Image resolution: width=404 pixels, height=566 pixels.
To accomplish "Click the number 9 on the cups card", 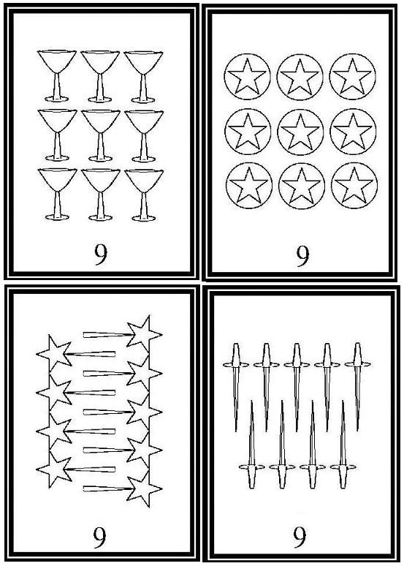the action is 101,254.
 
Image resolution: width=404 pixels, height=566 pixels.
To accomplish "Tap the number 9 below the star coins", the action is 302,255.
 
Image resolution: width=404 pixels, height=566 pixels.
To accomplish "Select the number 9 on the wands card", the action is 99,537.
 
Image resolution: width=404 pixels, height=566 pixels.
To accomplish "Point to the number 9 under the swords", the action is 300,537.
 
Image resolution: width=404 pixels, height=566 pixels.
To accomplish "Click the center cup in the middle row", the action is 101,135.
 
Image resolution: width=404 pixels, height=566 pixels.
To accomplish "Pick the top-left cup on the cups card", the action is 57,76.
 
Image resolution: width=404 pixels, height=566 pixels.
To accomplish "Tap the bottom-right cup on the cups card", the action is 144,195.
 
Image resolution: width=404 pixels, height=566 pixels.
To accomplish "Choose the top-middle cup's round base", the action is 100,99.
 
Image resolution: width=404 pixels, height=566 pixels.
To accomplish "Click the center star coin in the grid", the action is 300,132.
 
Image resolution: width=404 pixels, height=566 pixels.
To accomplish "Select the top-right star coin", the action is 352,77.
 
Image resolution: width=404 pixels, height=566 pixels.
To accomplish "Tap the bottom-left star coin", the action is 249,186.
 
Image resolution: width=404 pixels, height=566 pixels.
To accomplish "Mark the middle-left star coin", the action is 248,131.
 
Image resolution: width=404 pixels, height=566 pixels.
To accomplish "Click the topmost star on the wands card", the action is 144,333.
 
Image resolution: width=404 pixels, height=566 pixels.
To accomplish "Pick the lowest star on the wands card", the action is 144,489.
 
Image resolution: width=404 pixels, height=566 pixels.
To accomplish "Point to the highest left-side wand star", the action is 54,353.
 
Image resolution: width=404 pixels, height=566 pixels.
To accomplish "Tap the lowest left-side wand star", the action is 54,469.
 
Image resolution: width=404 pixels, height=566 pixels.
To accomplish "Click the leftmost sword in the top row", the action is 236,387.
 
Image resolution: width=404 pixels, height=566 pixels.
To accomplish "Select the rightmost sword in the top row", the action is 357,387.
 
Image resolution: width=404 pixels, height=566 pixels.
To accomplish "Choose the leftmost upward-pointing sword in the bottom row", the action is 252,445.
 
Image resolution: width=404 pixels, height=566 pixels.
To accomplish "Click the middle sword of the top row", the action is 297,387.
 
